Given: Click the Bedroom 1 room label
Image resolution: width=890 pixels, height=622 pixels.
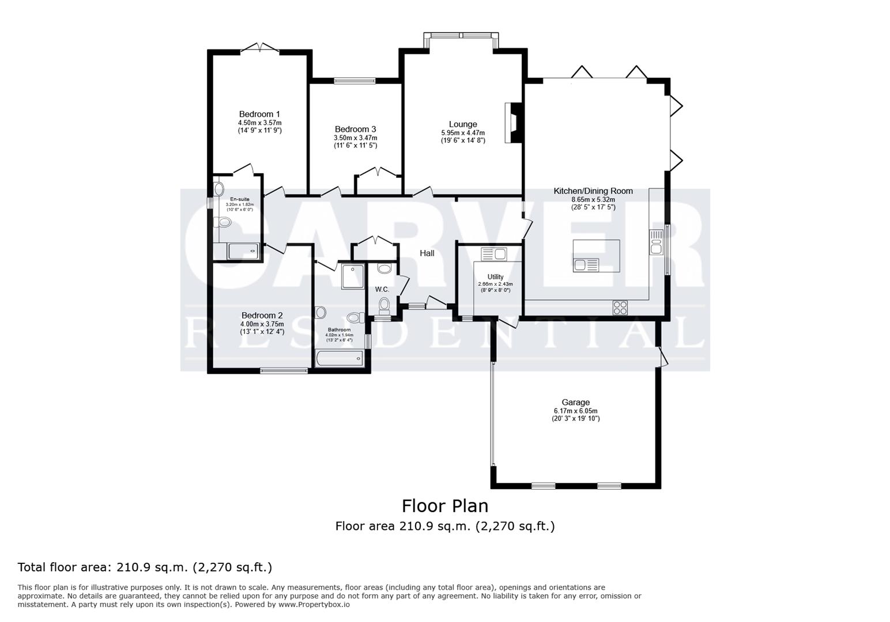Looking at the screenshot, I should [259, 114].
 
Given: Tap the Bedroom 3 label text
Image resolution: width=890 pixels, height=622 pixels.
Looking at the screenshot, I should [355, 129].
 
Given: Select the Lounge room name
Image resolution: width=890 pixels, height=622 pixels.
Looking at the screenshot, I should [463, 124].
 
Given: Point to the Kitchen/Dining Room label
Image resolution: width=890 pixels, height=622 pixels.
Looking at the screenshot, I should [593, 191].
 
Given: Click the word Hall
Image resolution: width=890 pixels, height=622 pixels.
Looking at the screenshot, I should [427, 253].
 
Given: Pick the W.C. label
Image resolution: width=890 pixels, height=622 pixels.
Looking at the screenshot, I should [382, 289].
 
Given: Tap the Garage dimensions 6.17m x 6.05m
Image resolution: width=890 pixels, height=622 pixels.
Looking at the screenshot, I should [575, 411].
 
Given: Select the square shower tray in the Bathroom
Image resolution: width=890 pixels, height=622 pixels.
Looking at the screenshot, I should [352, 277].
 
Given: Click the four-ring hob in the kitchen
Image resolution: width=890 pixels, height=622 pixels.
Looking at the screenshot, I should [620, 308].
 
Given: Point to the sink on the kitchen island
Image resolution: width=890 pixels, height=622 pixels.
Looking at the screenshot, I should [586, 265].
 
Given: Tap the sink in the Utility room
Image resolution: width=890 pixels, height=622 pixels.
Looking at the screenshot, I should [493, 254].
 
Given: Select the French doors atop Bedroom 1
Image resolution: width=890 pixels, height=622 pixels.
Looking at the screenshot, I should [259, 48].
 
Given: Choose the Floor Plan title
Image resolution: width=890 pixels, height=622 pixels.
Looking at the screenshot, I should [444, 506].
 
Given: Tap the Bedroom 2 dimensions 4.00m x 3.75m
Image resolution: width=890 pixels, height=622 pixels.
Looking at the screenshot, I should [262, 324].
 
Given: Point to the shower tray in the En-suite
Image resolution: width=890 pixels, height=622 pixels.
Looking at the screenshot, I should [244, 251].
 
